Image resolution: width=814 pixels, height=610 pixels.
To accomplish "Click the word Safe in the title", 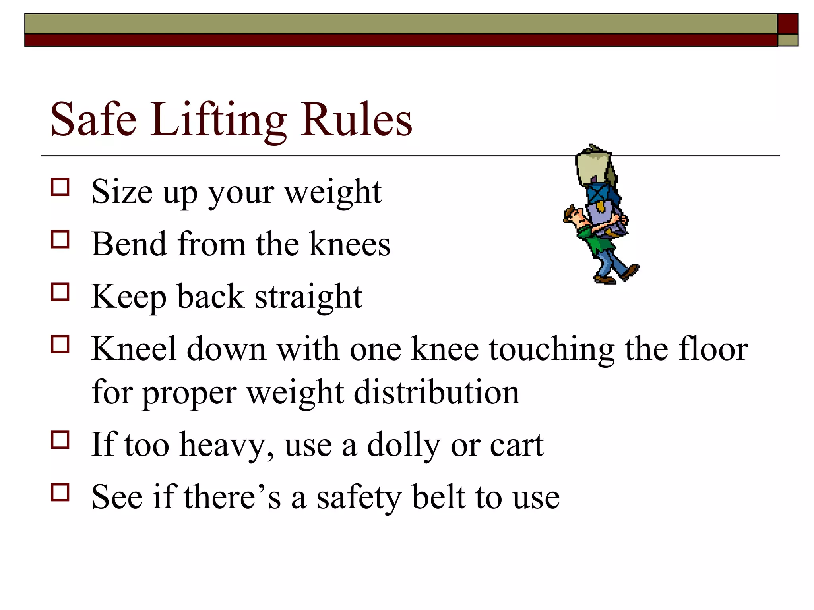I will tap(94, 119).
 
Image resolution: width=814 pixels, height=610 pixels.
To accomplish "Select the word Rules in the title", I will tap(356, 119).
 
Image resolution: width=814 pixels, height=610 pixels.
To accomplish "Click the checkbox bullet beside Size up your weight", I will tap(60, 187).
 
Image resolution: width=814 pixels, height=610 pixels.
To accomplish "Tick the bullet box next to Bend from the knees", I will tap(60, 239).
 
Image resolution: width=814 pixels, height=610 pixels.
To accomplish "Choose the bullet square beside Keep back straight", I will tap(60, 292).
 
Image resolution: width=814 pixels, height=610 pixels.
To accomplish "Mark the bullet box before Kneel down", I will tap(60, 344).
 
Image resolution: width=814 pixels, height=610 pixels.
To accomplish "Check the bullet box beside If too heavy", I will tap(60, 440).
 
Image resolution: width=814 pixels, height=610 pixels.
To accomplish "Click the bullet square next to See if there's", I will tap(60, 492).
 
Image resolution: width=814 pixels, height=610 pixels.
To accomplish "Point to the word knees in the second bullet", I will tap(350, 244).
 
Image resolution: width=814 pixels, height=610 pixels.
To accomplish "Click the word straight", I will tap(308, 297).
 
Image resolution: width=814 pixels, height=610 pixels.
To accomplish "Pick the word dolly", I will tap(403, 445).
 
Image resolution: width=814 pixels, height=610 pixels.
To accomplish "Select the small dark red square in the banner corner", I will tap(788, 24).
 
